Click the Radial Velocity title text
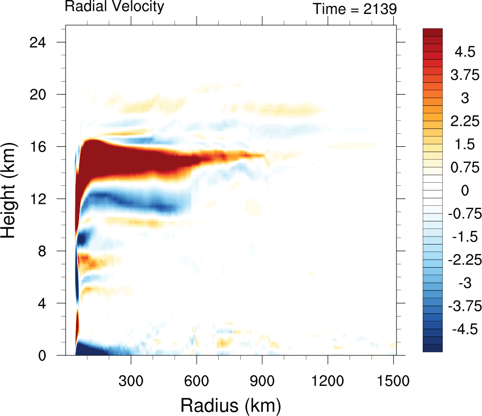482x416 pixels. (114, 7)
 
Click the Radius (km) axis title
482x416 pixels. (230, 404)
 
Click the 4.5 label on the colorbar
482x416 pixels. (464, 52)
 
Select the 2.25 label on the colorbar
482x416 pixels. (464, 121)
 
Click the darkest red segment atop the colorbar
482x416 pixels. (432, 32)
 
